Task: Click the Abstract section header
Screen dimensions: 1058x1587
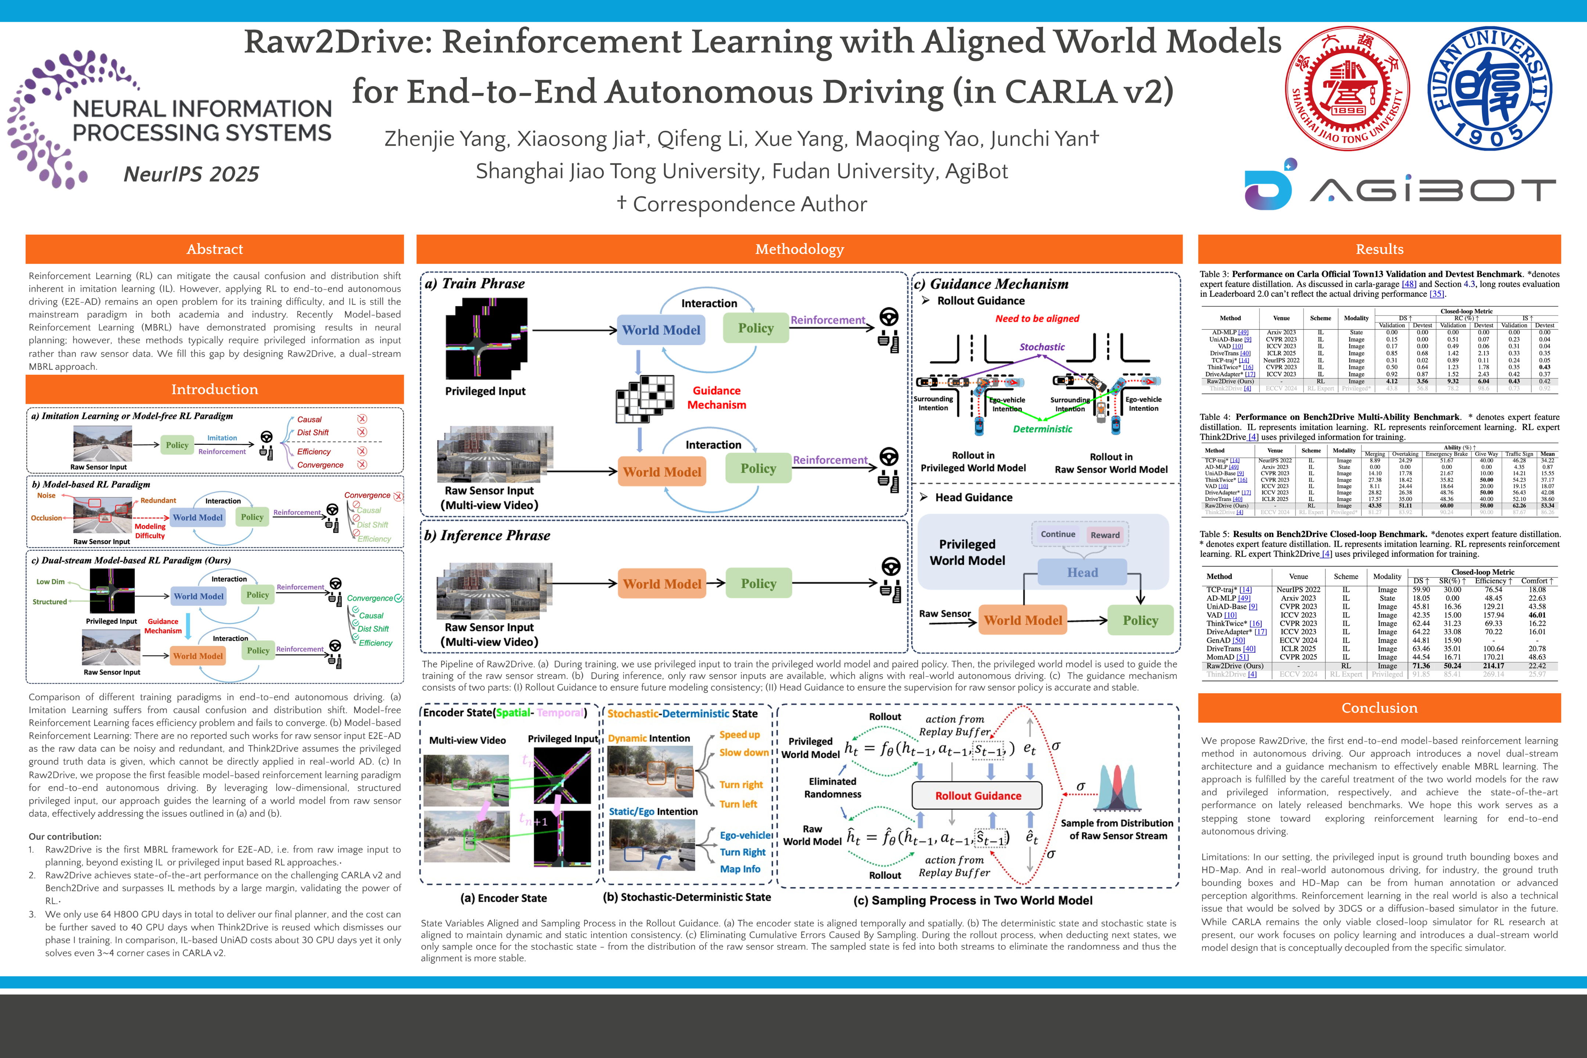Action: (x=214, y=249)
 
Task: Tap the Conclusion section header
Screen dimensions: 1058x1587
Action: (x=1379, y=708)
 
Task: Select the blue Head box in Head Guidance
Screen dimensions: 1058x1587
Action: (x=1082, y=572)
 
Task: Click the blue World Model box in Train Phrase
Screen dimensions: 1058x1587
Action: (x=661, y=330)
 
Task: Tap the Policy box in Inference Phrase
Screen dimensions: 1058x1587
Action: (x=758, y=584)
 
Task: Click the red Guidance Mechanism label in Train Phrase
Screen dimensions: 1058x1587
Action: (x=716, y=397)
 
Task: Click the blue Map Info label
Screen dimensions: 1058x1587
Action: (x=740, y=869)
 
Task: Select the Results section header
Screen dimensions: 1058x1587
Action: (x=1379, y=249)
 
